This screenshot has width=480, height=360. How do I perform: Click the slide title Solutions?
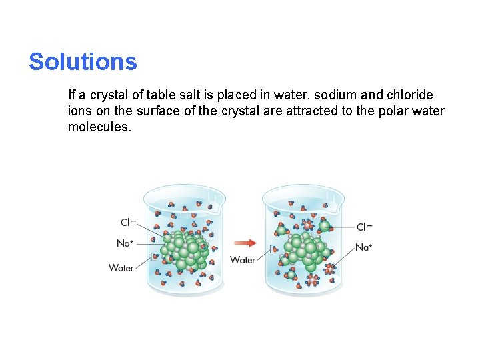(x=83, y=62)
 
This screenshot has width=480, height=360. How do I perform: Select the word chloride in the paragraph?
(x=409, y=95)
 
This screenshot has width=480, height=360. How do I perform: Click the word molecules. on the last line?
(x=100, y=126)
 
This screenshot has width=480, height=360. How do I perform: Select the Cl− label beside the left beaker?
(x=129, y=223)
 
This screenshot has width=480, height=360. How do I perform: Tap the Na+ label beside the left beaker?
(x=125, y=243)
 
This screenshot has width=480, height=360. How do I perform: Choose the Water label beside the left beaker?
(x=121, y=268)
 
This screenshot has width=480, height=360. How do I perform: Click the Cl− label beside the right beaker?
(x=364, y=227)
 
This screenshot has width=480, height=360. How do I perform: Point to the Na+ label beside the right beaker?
(x=364, y=247)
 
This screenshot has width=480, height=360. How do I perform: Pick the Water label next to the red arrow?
(x=243, y=259)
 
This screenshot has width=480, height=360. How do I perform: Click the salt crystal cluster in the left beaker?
(x=187, y=248)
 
